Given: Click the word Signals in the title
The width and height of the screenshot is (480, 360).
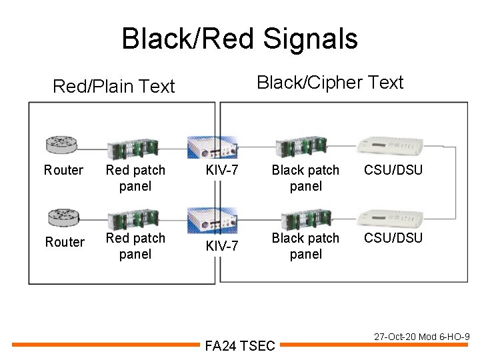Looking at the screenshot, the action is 311,39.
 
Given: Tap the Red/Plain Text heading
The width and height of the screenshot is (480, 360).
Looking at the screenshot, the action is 114,86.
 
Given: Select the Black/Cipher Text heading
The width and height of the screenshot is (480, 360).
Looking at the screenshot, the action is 330,83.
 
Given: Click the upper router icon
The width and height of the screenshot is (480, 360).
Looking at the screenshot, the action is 61,145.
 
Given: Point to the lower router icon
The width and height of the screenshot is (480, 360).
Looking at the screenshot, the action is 64,217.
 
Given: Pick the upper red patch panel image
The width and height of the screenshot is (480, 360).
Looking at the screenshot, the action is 133,149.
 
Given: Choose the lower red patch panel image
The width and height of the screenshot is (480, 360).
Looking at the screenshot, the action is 133,219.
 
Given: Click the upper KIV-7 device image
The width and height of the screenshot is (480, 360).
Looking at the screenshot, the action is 213,147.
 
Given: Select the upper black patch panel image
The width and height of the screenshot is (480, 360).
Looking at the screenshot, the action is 301,147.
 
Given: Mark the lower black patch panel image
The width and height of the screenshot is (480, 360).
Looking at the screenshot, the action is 307,219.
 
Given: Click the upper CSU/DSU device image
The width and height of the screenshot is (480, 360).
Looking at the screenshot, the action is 390,145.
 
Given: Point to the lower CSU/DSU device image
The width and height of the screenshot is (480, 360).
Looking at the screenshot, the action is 390,217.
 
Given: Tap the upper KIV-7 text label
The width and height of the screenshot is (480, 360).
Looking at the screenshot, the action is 222,170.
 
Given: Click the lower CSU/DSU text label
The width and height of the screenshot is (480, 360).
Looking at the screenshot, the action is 393,238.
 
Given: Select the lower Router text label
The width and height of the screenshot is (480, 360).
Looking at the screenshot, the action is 65,242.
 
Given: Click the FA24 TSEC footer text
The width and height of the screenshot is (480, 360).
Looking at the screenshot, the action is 240,346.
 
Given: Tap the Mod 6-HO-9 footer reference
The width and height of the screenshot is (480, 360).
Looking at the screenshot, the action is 444,337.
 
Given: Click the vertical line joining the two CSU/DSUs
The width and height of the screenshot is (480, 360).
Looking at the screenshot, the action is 455,183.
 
